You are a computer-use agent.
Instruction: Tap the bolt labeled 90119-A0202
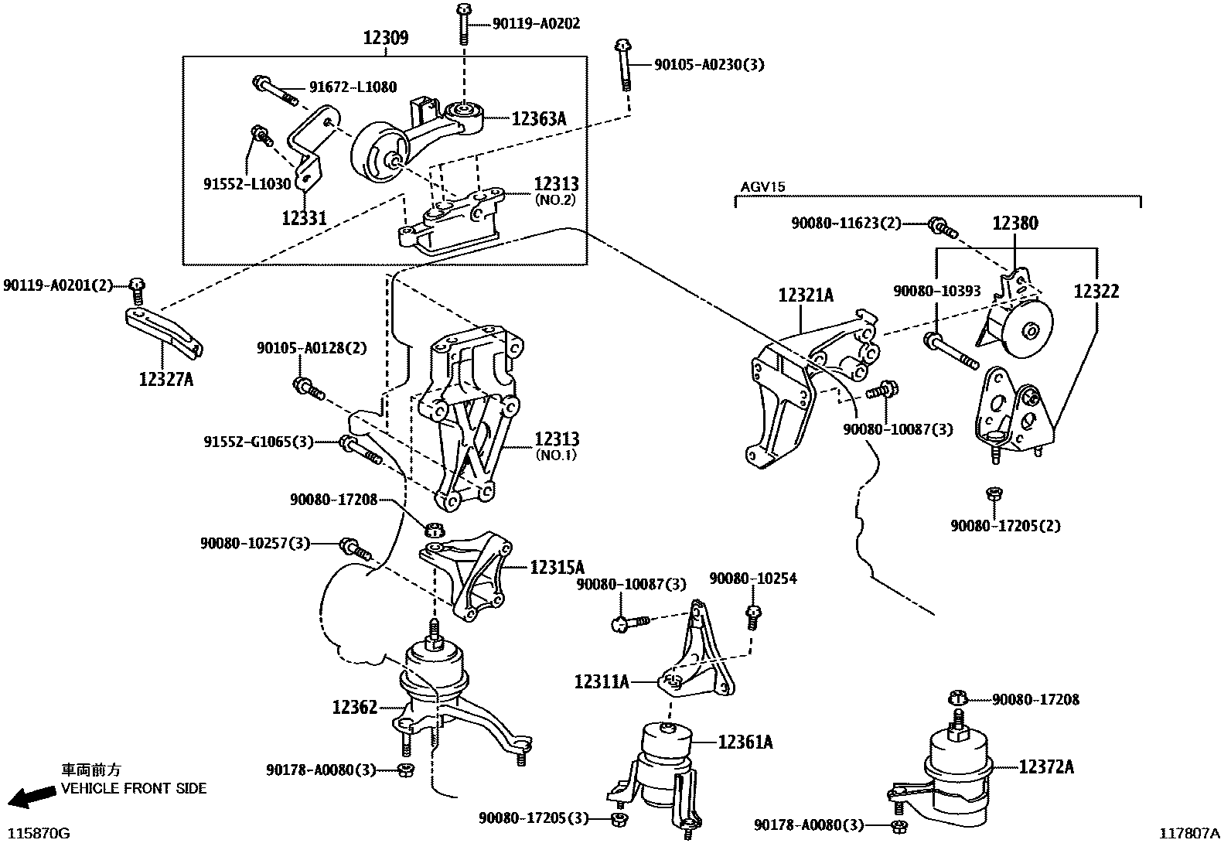coord(462,23)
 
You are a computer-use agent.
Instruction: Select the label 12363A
coord(538,118)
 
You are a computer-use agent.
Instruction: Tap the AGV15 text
coord(762,187)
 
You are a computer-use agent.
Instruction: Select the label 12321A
coord(806,295)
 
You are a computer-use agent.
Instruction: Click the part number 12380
coord(1015,224)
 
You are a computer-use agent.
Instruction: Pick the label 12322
coord(1096,291)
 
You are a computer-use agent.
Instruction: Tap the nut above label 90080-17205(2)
coord(995,493)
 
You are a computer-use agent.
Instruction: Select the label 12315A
coord(557,567)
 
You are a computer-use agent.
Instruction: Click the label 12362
coord(355,707)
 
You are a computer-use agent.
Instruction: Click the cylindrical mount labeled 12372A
coord(957,773)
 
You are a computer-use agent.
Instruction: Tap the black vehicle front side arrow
coord(26,797)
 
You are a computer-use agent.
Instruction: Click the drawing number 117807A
coord(1188,834)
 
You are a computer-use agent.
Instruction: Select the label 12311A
coord(601,681)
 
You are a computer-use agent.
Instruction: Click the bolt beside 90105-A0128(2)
coord(307,387)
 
